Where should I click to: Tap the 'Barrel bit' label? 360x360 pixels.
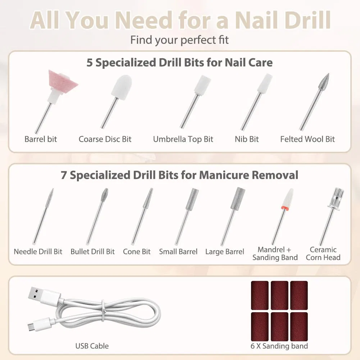tap(41, 139)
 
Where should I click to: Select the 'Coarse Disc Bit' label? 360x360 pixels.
tap(105, 139)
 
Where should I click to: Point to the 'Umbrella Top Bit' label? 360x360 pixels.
tap(183, 140)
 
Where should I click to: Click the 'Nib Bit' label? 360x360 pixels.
tap(247, 139)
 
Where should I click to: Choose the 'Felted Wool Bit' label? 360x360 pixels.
tap(307, 139)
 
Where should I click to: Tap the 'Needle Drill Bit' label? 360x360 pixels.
tap(38, 252)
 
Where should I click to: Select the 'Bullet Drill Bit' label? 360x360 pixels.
tap(92, 252)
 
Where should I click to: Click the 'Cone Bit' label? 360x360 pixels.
tap(137, 252)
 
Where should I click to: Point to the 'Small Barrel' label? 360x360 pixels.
tap(178, 252)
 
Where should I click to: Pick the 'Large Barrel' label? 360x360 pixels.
tap(224, 252)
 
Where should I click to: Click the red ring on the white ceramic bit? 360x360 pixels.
tap(285, 208)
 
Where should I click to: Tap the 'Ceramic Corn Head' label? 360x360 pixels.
tap(323, 254)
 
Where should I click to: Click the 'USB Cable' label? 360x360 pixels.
tap(92, 346)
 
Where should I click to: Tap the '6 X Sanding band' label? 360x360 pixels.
tap(279, 346)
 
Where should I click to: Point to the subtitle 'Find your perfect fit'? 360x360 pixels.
tap(179, 40)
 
